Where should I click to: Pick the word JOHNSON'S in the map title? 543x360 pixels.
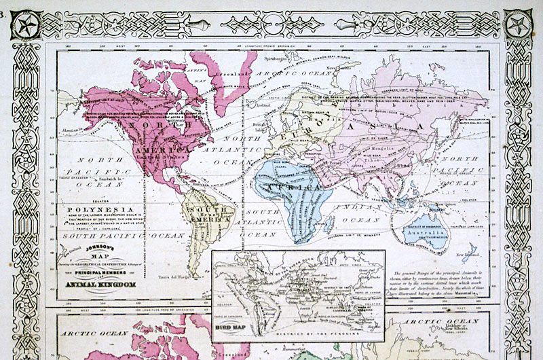99,249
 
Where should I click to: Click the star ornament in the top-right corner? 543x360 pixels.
518,28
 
